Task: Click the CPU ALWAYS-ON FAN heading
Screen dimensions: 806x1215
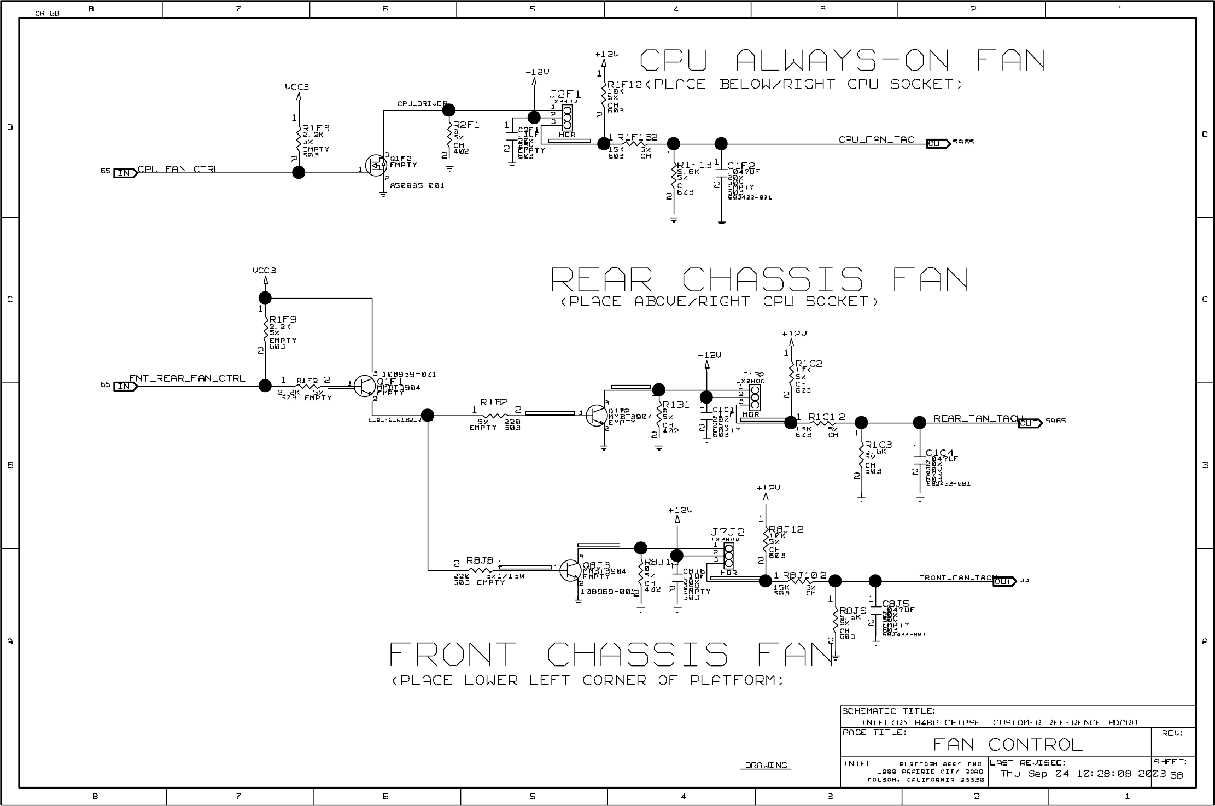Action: coord(842,60)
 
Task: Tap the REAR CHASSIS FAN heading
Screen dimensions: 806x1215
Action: coord(760,279)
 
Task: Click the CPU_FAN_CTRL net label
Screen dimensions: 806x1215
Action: coord(178,169)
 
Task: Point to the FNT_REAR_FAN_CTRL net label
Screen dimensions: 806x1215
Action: coord(187,378)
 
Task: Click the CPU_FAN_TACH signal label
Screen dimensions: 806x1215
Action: coord(880,139)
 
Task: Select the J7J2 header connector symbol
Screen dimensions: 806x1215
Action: coord(728,556)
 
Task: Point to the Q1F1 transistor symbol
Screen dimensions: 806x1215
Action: coord(364,386)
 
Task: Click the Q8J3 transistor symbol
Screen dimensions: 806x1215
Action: coord(571,569)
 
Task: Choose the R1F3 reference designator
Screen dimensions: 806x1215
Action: coord(316,128)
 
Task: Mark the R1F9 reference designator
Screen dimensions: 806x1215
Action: coord(283,319)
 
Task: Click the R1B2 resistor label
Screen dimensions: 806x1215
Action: coord(493,402)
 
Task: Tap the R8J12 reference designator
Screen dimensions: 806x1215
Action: coord(786,529)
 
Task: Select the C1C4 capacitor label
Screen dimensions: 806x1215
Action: coord(939,453)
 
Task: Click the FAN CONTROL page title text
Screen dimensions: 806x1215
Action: coord(1007,744)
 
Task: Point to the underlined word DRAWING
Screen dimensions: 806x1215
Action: coord(766,765)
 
